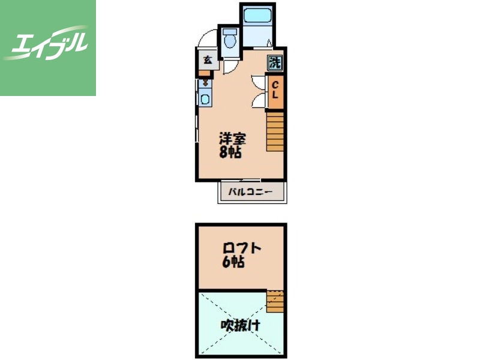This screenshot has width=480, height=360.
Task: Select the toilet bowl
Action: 230,41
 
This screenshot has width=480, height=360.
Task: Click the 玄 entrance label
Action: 208,60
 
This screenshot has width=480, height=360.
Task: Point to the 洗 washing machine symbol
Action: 275,63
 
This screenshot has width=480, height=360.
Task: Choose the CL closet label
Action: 275,89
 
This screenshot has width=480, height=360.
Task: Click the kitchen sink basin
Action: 205,99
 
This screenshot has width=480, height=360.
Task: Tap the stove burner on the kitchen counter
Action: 205,83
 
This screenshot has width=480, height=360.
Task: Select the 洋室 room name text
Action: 233,139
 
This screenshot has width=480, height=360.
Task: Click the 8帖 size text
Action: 230,152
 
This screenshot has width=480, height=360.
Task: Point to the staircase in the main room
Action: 275,131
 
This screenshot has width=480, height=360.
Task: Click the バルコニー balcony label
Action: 251,192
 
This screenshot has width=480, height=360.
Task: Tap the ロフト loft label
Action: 242,248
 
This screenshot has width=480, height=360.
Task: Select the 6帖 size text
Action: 233,262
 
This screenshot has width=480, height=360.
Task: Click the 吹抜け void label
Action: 241,325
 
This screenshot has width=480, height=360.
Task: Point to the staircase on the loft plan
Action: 275,301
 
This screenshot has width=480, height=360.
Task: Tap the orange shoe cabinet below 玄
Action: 205,73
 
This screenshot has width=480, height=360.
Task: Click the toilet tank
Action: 230,31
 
